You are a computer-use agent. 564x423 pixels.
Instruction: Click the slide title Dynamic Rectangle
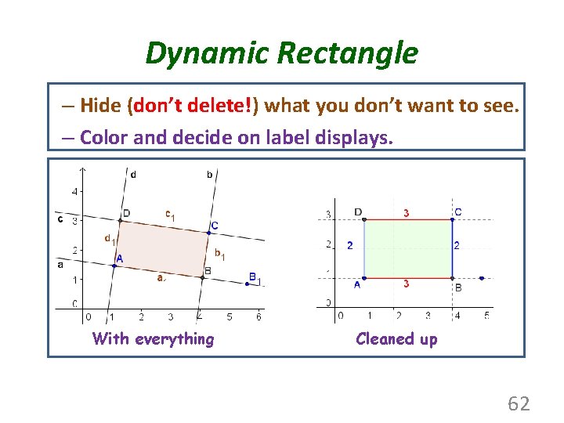282,54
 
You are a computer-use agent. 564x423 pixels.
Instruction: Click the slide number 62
519,404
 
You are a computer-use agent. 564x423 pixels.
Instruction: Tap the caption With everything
153,338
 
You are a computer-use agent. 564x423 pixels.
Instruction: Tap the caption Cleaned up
396,338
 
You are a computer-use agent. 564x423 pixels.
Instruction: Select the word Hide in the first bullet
99,105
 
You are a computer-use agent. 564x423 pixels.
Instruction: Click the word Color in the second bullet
103,137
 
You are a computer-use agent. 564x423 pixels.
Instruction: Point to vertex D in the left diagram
120,221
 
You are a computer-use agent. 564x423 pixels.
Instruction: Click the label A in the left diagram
120,258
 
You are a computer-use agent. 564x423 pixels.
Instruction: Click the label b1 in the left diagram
221,254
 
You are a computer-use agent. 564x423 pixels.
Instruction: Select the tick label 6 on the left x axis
259,317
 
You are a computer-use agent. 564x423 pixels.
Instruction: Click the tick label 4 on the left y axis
74,191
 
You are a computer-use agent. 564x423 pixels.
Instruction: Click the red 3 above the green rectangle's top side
406,212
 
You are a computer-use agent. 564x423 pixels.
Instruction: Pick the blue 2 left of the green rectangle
349,245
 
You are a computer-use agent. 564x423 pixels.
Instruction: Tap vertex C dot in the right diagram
453,219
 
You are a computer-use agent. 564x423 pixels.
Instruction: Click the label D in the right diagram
358,211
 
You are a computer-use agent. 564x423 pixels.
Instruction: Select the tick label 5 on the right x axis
487,316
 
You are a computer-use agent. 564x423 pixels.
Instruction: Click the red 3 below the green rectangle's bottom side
406,284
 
